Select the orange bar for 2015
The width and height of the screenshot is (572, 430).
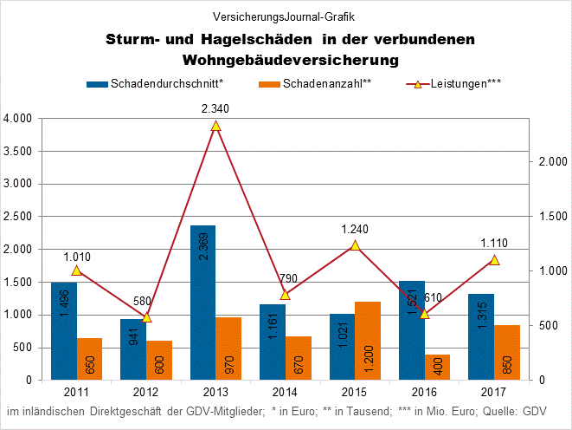(x=369, y=341)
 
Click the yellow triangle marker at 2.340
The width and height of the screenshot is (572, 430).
(x=215, y=126)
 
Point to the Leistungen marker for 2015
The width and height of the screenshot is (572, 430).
(x=355, y=245)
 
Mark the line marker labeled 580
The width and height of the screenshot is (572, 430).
(x=146, y=317)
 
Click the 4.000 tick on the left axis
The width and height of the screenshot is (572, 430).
(x=18, y=119)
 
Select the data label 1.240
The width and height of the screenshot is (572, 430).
(x=355, y=229)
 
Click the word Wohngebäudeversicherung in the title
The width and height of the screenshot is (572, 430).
(x=290, y=60)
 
